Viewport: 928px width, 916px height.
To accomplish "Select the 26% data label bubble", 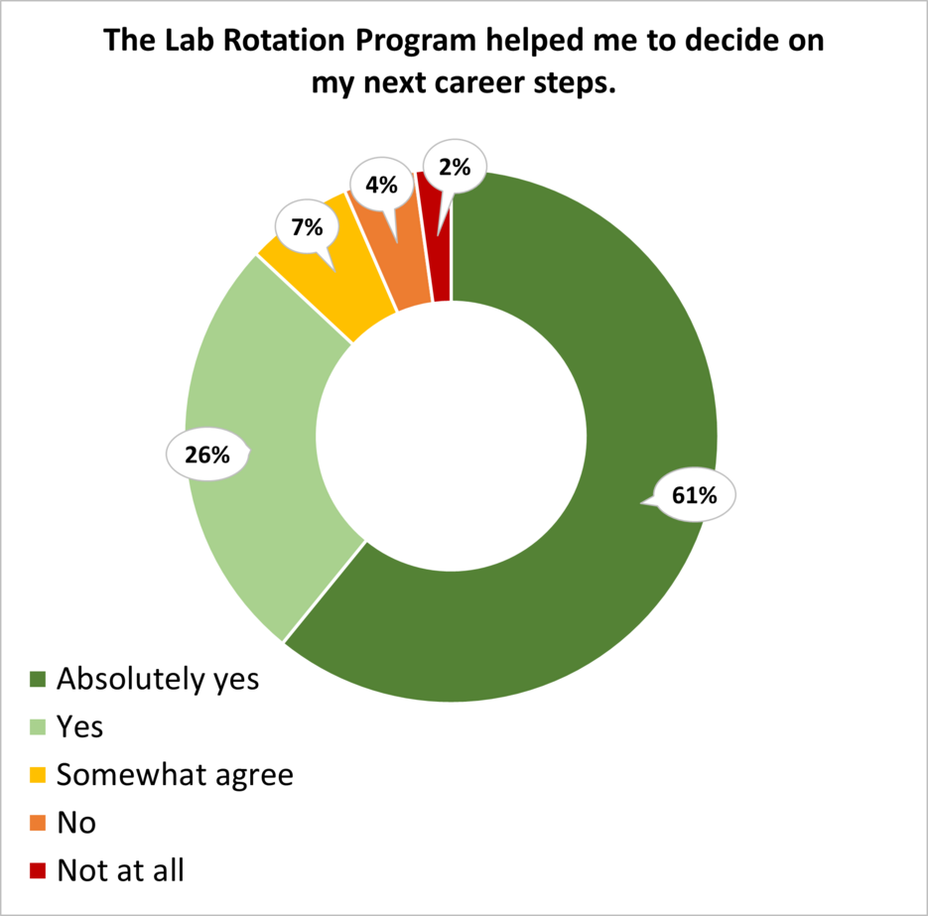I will click(x=206, y=456).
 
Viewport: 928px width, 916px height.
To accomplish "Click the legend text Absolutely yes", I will click(x=158, y=680).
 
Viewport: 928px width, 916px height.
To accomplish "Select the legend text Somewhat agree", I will click(x=175, y=775).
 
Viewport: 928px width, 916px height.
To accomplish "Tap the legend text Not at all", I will click(x=120, y=870).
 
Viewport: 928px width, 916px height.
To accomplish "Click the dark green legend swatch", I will click(x=38, y=681).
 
